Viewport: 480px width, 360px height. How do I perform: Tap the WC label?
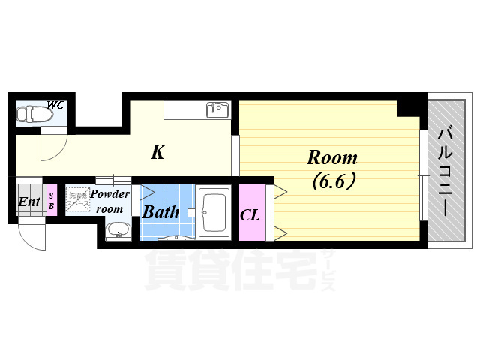point(55,105)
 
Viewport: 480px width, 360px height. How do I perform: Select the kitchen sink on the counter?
point(217,110)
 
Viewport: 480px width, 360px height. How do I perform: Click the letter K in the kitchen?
point(157,153)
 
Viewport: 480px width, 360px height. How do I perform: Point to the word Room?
point(332,158)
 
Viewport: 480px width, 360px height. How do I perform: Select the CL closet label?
point(250,216)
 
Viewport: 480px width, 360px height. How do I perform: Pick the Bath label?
point(160,212)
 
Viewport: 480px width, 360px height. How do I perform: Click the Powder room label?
point(110,201)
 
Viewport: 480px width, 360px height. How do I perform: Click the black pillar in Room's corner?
point(409,106)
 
